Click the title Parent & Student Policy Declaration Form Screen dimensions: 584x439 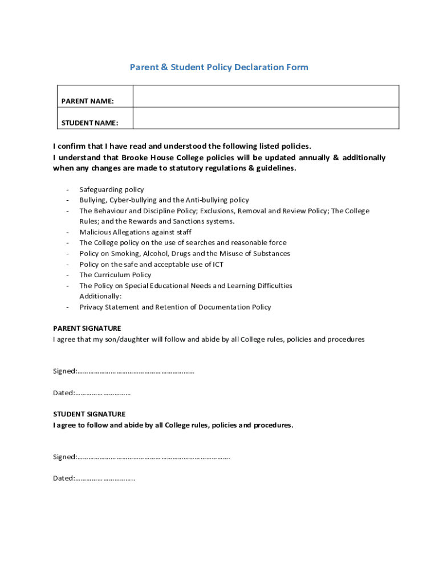219,67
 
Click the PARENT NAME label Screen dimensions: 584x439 87,101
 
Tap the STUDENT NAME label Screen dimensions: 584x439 90,123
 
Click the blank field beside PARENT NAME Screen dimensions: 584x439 266,96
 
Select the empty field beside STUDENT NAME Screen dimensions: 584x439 266,118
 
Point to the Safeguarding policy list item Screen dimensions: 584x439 112,189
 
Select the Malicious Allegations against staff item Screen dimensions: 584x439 135,232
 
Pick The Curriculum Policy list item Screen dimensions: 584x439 115,275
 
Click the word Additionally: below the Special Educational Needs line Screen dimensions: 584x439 100,297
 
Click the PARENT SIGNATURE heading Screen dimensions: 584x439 87,328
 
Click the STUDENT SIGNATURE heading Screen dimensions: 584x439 90,414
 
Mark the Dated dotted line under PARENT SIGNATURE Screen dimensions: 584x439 103,393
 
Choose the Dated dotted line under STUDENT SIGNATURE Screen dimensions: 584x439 105,478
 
